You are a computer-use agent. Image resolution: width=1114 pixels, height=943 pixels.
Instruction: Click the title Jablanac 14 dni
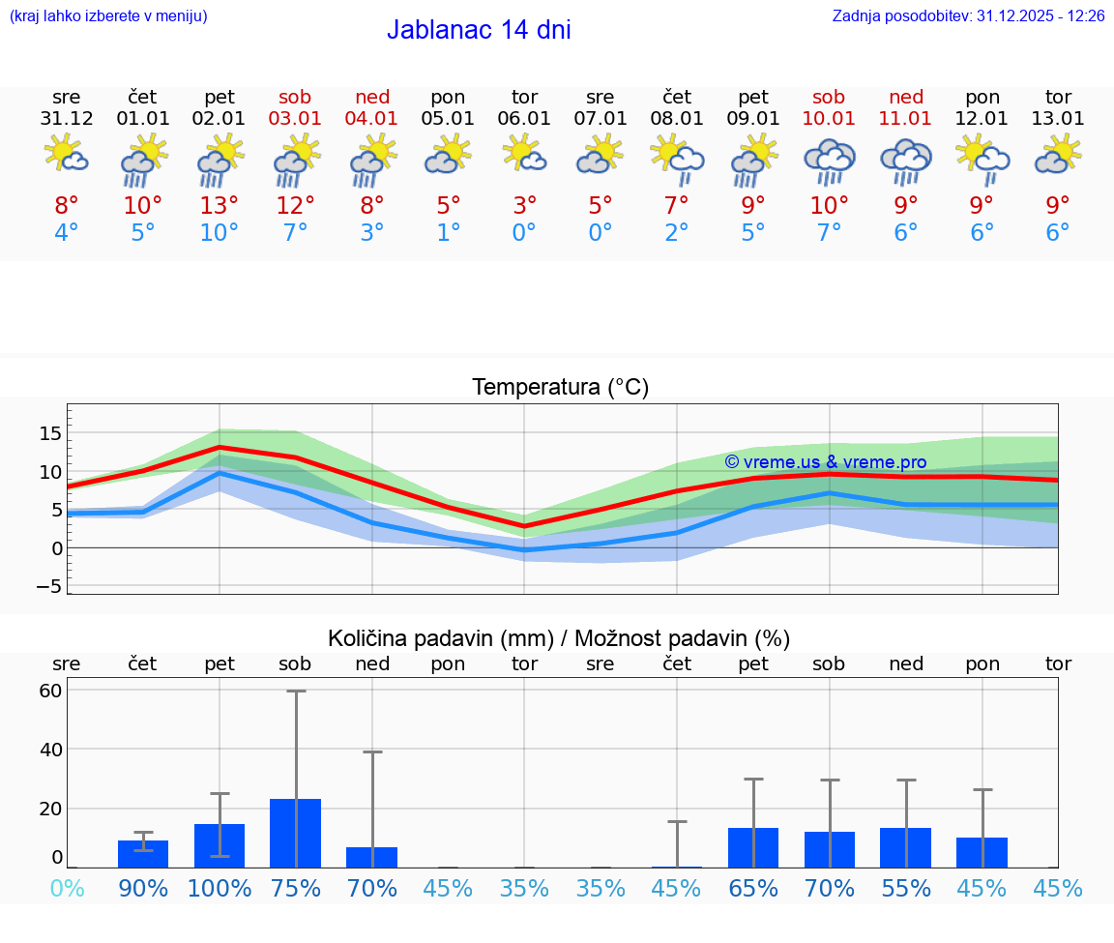click(x=479, y=30)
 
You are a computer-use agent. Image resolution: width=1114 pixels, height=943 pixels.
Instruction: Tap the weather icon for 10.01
click(x=829, y=161)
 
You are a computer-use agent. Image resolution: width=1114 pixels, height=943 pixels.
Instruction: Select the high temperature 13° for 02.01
click(x=220, y=205)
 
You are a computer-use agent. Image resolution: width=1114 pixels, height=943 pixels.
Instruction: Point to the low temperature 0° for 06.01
click(x=524, y=233)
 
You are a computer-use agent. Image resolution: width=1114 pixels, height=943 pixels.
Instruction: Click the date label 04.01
click(x=372, y=119)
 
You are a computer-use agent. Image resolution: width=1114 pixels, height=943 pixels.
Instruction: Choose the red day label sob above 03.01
click(x=296, y=97)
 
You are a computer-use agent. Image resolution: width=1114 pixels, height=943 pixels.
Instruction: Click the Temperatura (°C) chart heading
click(x=560, y=388)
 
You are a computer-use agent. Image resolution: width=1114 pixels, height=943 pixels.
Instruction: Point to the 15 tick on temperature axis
click(x=50, y=432)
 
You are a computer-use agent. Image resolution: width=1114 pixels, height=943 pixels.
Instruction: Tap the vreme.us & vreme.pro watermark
click(x=826, y=462)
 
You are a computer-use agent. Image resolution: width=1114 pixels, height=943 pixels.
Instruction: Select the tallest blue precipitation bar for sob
click(x=296, y=833)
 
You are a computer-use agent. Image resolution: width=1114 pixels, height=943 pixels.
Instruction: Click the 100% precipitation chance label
click(x=220, y=888)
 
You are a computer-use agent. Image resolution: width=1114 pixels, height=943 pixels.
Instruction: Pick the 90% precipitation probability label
click(x=143, y=888)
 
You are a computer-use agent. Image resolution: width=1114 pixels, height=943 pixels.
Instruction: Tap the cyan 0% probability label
click(x=67, y=888)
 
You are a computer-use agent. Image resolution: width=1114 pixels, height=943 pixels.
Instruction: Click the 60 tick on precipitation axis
click(x=50, y=691)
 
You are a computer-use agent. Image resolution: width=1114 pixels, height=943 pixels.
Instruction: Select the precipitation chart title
click(x=559, y=638)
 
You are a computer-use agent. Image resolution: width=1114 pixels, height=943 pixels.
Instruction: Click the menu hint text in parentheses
click(x=108, y=15)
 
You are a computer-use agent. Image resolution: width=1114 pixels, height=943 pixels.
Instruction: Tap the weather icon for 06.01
click(x=524, y=154)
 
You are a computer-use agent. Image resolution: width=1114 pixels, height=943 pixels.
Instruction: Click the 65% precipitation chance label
click(x=753, y=888)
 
